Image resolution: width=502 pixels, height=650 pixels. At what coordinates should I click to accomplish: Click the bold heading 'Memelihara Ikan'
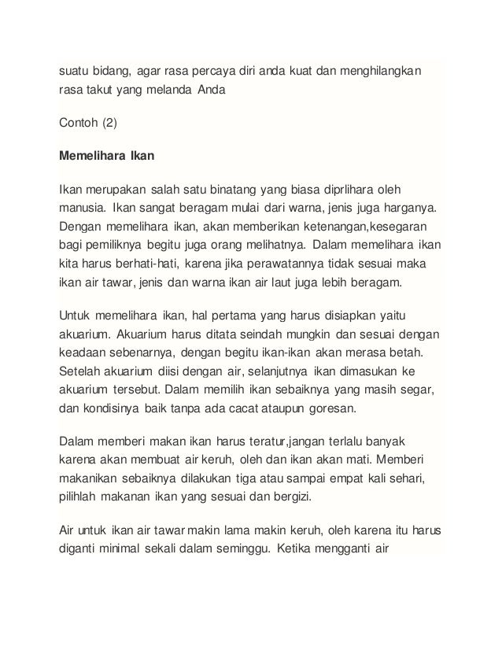tap(107, 156)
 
